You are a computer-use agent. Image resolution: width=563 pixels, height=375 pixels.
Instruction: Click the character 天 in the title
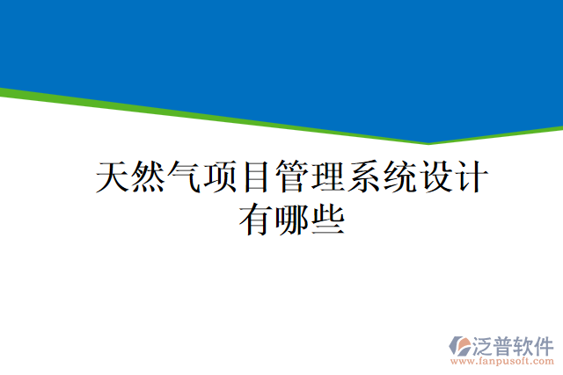tap(112, 177)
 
